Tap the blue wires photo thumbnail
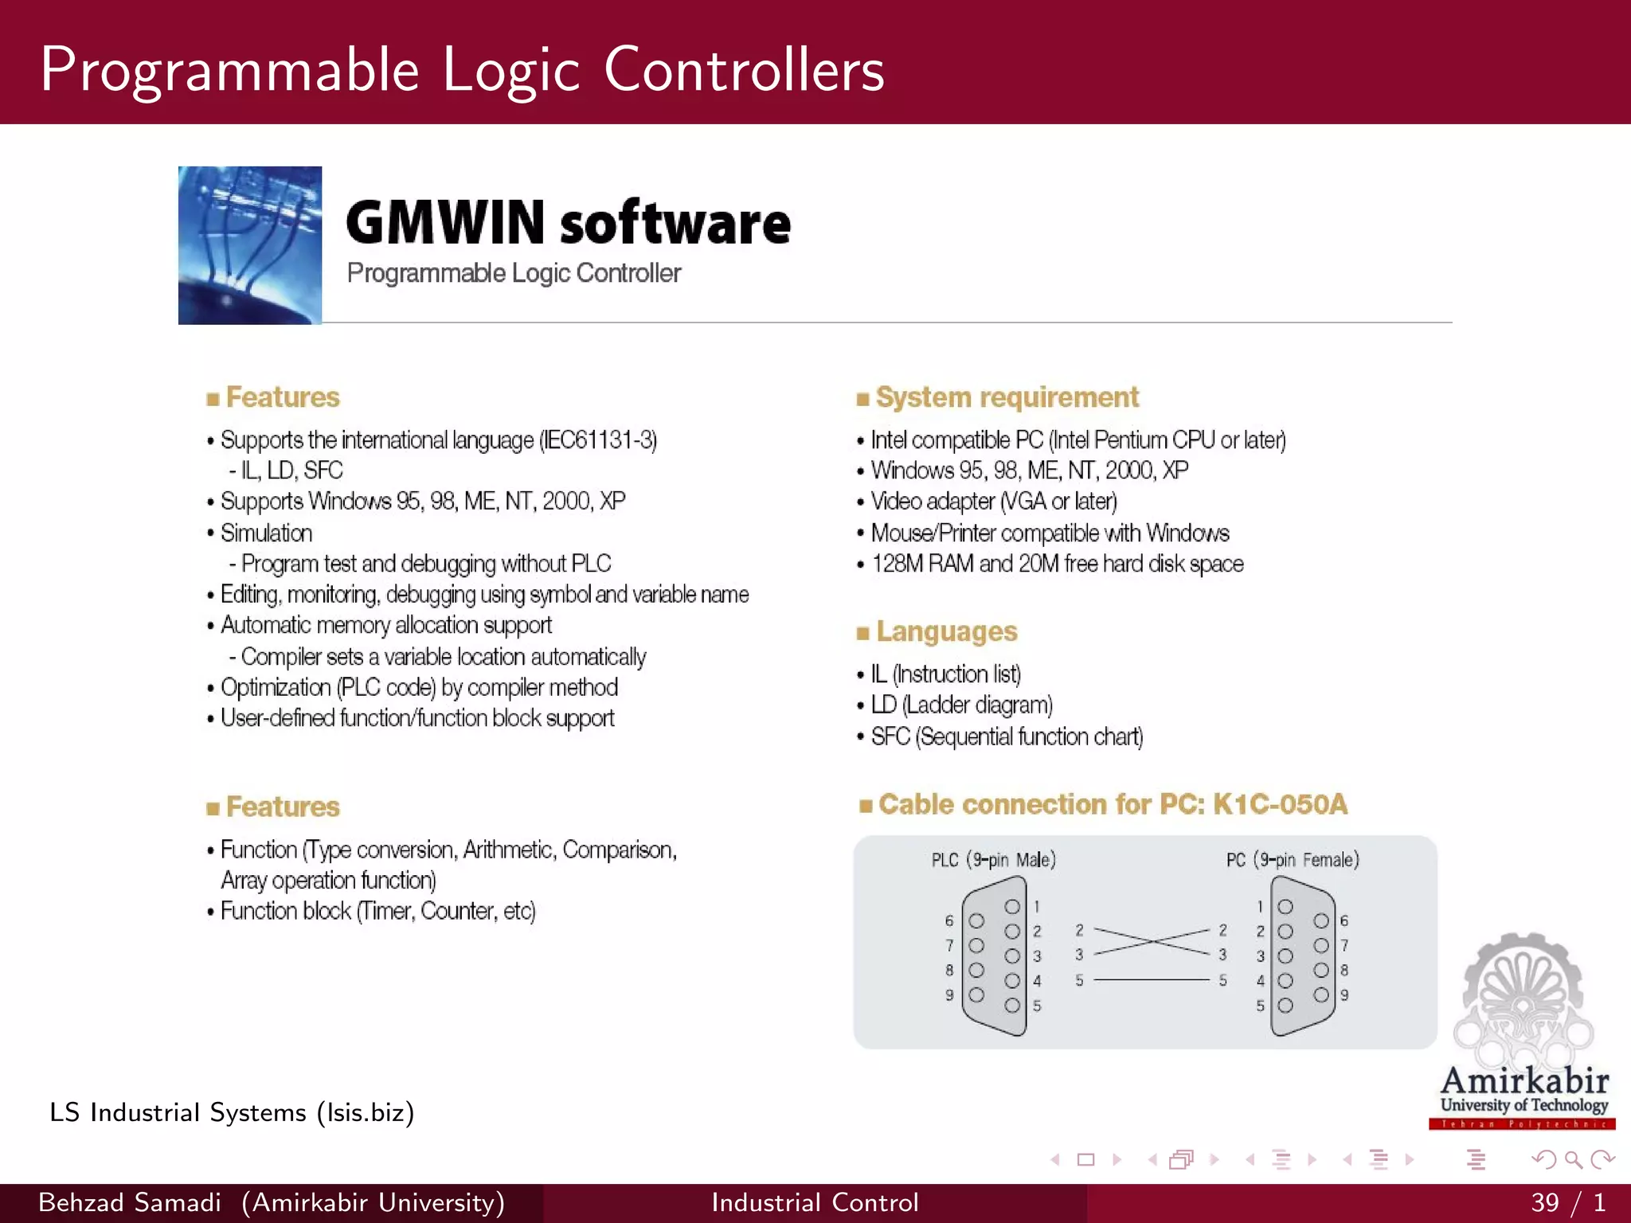tap(250, 245)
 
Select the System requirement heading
tap(1006, 397)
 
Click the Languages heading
tap(945, 631)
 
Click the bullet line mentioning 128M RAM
tap(1056, 564)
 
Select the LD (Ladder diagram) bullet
tap(960, 705)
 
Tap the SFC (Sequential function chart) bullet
tap(1006, 737)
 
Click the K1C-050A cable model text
tap(1280, 804)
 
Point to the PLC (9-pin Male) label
tap(993, 860)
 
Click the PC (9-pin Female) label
tap(1292, 860)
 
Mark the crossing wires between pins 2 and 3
tap(1152, 941)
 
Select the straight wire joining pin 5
tap(1152, 979)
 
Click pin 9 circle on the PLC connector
tap(976, 994)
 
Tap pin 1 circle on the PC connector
tap(1285, 907)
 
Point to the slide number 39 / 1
tap(1566, 1202)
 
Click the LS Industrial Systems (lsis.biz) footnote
tap(232, 1112)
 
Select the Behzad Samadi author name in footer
tap(130, 1202)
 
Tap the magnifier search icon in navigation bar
tap(1573, 1160)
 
